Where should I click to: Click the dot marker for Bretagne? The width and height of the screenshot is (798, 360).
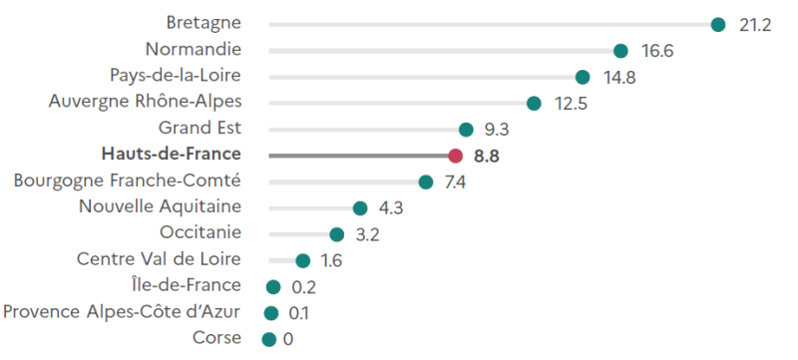[717, 24]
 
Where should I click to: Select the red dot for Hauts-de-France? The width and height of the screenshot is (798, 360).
[455, 156]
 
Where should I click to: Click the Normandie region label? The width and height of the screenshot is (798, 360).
[193, 49]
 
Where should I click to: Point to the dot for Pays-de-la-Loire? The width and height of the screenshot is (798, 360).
[583, 77]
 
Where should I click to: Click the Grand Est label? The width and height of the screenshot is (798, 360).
[199, 128]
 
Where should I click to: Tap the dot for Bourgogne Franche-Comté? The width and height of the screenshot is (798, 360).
[426, 181]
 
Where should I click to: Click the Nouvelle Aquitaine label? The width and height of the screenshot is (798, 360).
[160, 206]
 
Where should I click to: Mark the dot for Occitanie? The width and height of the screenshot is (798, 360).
[337, 234]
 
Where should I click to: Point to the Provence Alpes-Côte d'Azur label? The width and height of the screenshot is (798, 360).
[122, 312]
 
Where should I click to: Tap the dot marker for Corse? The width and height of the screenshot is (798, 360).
[268, 340]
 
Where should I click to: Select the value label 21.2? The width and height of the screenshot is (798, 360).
[755, 25]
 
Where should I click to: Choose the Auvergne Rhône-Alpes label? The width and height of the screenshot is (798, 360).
[145, 101]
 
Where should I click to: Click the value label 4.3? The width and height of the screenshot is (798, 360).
[391, 208]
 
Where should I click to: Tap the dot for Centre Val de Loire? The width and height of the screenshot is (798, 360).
[302, 260]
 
